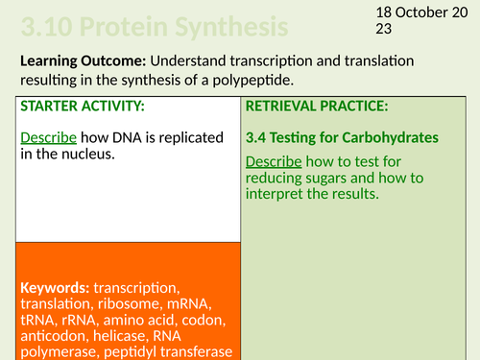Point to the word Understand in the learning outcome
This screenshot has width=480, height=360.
[x=192, y=60]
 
